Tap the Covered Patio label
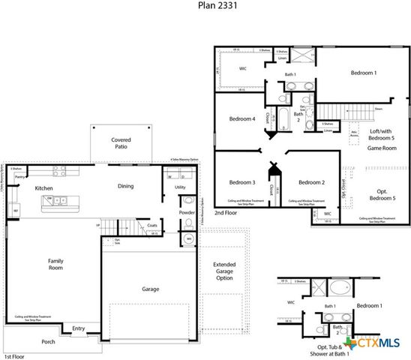[x=121, y=144]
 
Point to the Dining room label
[x=126, y=186]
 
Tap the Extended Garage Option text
[x=223, y=271]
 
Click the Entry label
[x=78, y=328]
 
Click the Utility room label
[x=180, y=187]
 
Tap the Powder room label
[x=187, y=212]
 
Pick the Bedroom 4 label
[x=242, y=118]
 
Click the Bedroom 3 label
[x=242, y=182]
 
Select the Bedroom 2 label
[x=310, y=182]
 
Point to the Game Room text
[x=380, y=148]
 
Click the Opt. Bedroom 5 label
[x=382, y=193]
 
